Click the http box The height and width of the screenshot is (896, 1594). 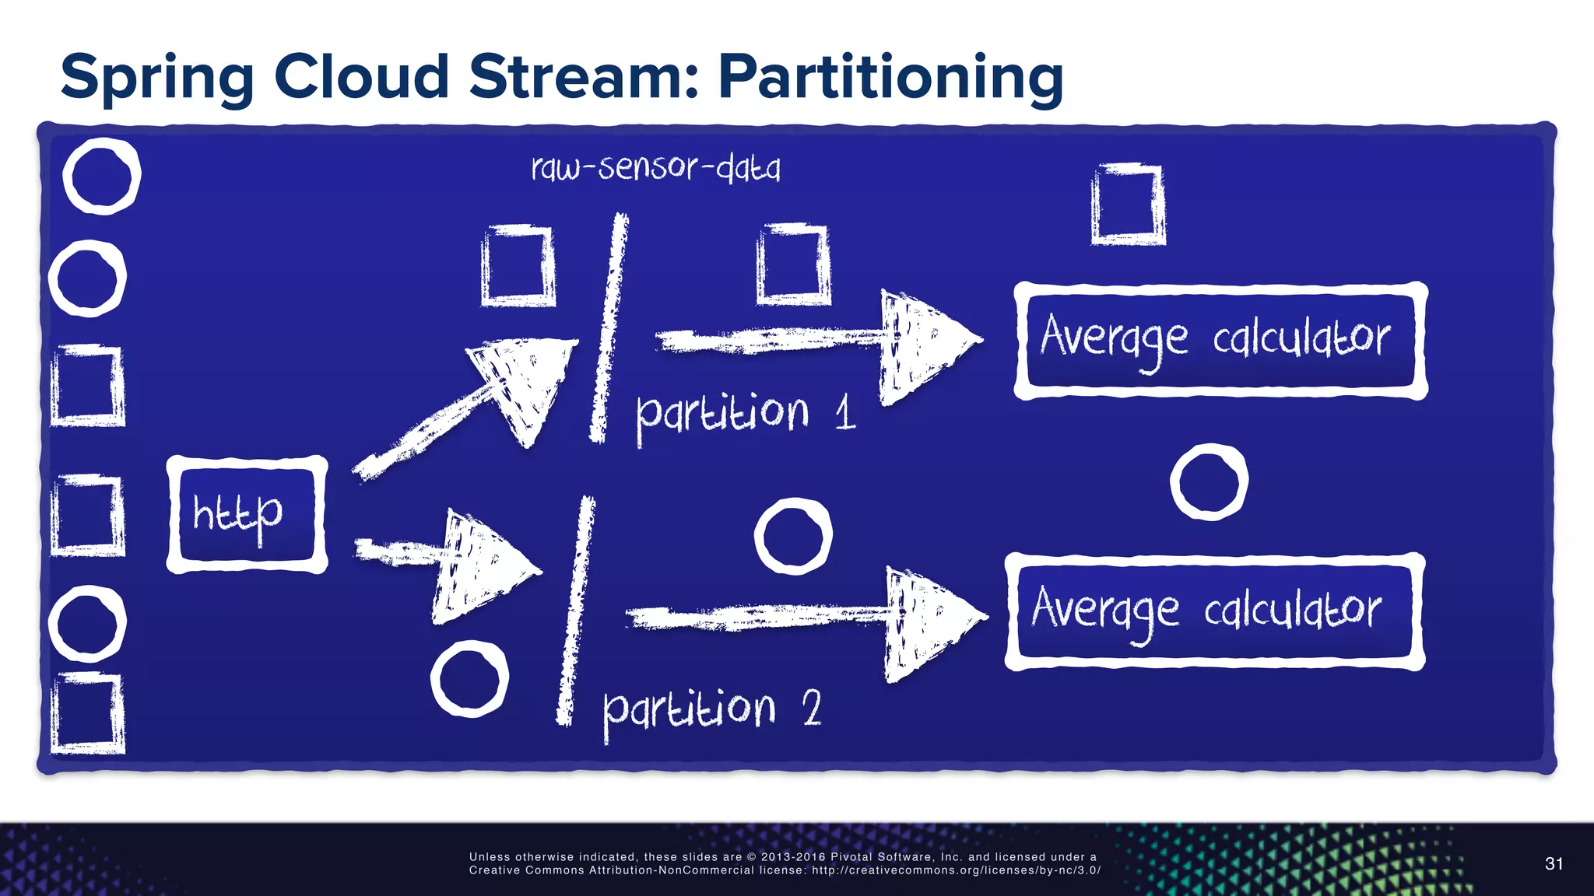point(247,515)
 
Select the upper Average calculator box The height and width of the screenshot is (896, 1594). point(1220,341)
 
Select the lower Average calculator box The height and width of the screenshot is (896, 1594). point(1214,611)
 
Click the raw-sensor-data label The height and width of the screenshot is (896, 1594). point(655,168)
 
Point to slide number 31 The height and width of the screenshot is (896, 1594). point(1554,863)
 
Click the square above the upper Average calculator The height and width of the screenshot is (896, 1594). point(1128,205)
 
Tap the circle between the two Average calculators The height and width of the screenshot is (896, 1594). point(1209,482)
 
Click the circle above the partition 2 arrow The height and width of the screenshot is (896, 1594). point(792,537)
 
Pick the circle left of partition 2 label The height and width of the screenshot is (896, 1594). point(469,679)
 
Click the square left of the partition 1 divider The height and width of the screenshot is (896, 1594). point(518,266)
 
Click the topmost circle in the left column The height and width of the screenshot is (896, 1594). point(101,176)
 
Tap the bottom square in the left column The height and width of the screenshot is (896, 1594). point(87,713)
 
